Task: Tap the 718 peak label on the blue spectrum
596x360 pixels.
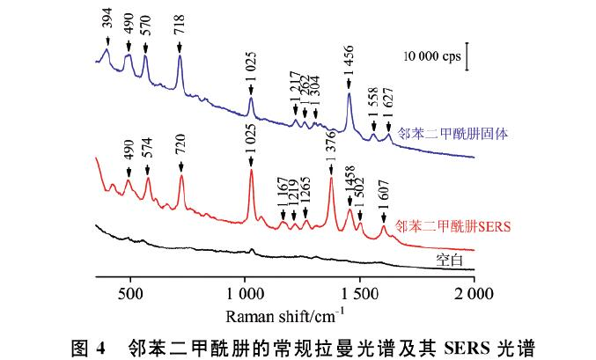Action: pyautogui.click(x=180, y=22)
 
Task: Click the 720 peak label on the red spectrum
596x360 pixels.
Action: pyautogui.click(x=180, y=147)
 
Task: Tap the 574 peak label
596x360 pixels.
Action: pyautogui.click(x=148, y=147)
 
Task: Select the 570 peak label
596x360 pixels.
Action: pyautogui.click(x=146, y=22)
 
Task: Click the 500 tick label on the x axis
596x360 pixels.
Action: pyautogui.click(x=129, y=293)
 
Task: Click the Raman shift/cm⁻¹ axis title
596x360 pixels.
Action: pyautogui.click(x=285, y=313)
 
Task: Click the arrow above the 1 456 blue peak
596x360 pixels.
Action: pyautogui.click(x=350, y=84)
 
